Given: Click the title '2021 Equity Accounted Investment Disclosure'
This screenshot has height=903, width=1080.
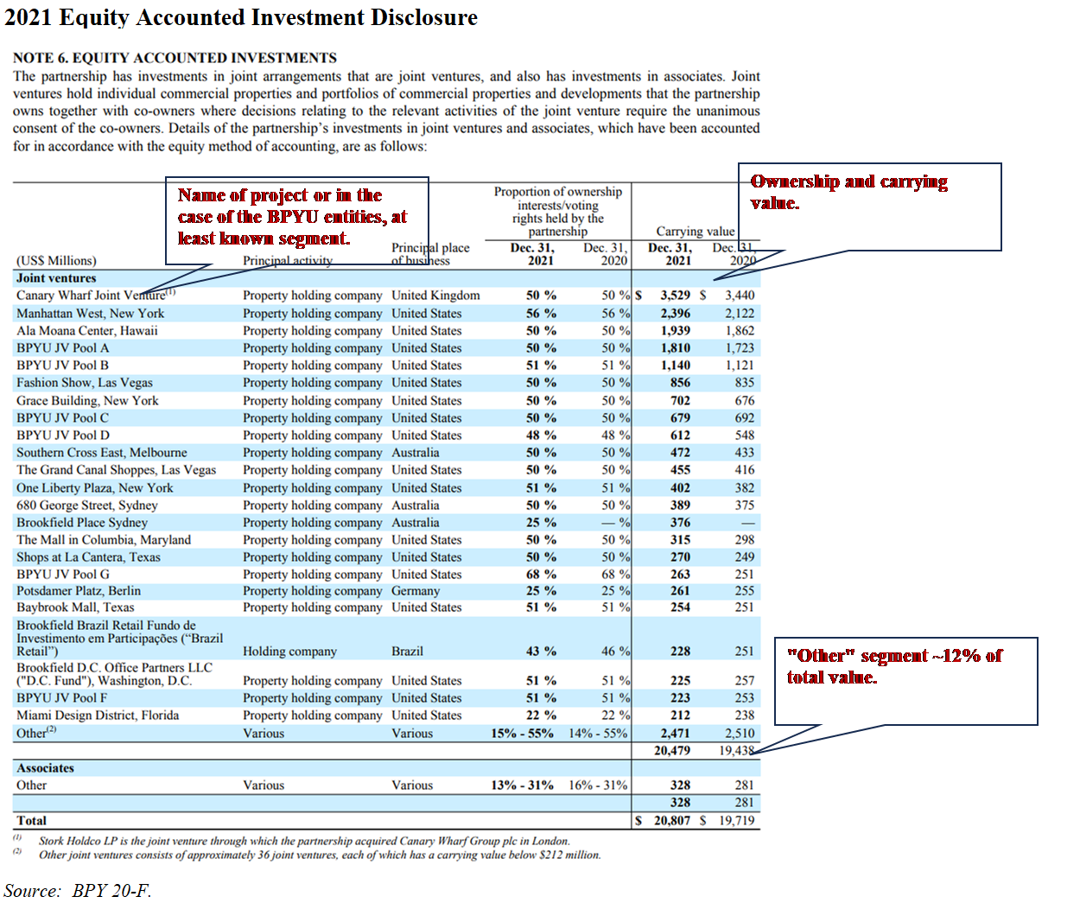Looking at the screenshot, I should click(241, 18).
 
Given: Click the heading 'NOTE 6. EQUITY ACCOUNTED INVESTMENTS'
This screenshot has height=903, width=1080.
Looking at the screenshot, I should click(175, 58).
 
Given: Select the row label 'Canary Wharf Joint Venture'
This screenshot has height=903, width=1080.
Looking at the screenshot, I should click(91, 296).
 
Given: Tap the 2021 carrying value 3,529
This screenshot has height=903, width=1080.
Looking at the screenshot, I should click(675, 296).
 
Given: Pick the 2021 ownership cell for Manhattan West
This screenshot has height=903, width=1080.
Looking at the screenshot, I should click(541, 314).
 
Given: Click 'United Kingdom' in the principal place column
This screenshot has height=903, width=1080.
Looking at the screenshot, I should click(435, 296).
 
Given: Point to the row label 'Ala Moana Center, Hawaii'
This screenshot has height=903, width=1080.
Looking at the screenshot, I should click(87, 331).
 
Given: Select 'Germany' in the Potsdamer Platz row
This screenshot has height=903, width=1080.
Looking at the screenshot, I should click(416, 591).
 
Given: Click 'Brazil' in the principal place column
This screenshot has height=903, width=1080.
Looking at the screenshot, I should click(407, 652).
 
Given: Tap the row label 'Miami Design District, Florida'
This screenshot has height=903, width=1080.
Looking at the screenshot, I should click(98, 715).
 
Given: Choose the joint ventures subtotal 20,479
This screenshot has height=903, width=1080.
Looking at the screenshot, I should click(672, 751).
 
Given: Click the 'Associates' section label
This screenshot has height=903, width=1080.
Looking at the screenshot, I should click(45, 768).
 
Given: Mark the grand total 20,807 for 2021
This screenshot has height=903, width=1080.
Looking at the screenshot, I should click(672, 821).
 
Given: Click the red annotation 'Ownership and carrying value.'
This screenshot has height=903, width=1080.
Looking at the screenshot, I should click(848, 192).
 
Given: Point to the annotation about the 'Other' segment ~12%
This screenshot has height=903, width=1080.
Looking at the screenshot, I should click(894, 666).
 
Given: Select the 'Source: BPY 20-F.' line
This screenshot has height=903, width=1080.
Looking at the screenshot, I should click(78, 891).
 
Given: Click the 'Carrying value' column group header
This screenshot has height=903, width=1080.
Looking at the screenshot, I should click(696, 232).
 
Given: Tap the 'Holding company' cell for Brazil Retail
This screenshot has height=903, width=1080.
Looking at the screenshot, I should click(289, 652).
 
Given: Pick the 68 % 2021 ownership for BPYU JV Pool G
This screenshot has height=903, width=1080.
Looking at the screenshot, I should click(541, 575).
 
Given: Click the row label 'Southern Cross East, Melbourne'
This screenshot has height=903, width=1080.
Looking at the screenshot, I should click(101, 453).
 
